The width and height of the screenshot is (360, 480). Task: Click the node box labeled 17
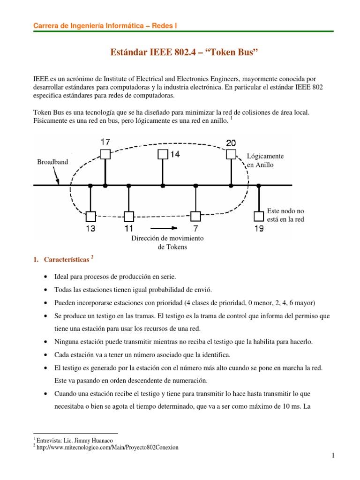coord(105,154)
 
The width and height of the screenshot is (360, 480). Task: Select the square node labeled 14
coord(162,154)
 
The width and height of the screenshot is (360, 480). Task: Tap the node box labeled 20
coord(231,154)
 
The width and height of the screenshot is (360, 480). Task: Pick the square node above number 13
coord(90,216)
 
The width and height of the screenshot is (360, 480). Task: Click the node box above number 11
coord(129,216)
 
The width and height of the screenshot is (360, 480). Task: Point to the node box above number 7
coord(195,216)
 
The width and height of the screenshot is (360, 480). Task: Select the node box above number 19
coord(259,216)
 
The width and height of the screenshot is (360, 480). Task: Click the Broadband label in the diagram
coord(52,162)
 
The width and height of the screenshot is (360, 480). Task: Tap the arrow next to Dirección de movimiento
coord(168,228)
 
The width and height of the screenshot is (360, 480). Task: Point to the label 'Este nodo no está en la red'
coord(285,215)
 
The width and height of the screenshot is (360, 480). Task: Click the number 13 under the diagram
coord(90,229)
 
